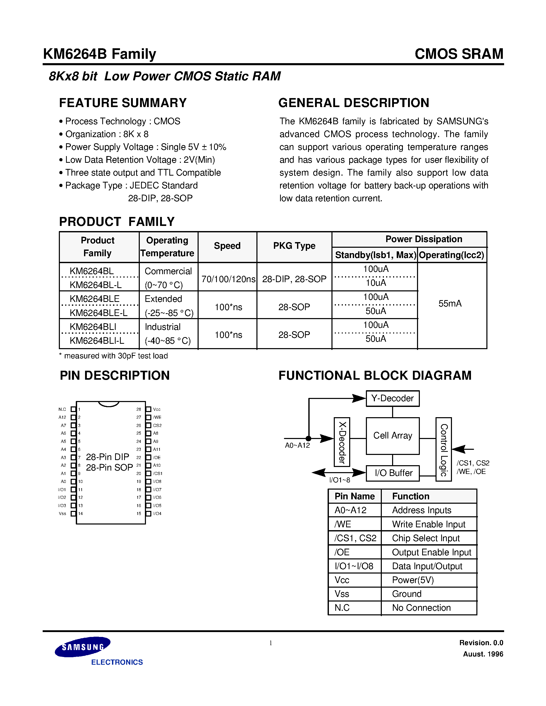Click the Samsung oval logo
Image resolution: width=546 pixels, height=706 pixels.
coord(82,647)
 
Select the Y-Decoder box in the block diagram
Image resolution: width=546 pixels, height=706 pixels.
coord(392,398)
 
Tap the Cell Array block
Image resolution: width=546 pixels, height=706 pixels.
coord(392,435)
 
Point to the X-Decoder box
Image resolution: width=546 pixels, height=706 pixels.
coord(342,442)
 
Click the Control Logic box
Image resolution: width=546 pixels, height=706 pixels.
coord(443,449)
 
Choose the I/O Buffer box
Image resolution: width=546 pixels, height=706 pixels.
coord(393,473)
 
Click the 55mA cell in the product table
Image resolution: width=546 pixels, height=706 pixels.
coord(450,303)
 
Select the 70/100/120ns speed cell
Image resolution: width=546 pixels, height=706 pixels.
coord(228,279)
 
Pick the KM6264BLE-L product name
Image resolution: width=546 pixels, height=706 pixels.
coord(99,313)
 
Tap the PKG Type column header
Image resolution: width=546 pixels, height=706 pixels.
coord(294,246)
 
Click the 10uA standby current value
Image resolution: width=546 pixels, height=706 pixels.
coord(376,283)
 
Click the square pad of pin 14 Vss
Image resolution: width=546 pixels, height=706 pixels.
coord(73,513)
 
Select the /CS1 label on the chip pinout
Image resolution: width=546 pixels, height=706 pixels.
coord(158,473)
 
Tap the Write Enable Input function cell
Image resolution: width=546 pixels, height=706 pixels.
coord(428,524)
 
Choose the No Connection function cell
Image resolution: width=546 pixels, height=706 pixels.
coord(421,608)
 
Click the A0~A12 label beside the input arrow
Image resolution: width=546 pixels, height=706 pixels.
coord(297,445)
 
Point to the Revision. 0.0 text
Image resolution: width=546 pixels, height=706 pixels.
coord(481,643)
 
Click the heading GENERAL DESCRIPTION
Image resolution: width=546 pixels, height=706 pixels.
coord(354,103)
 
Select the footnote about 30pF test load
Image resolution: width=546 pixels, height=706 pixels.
coord(114,356)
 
